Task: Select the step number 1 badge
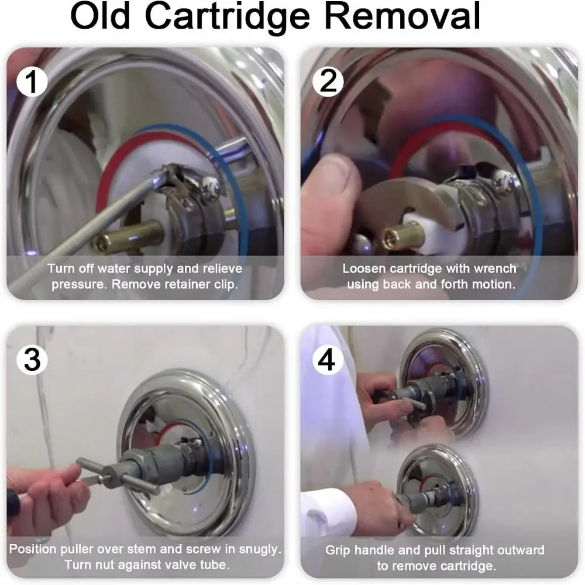32,82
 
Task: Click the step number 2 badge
328,81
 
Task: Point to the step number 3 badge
32,360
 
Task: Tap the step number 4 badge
327,360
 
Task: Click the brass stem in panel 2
404,236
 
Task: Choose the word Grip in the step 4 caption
338,550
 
